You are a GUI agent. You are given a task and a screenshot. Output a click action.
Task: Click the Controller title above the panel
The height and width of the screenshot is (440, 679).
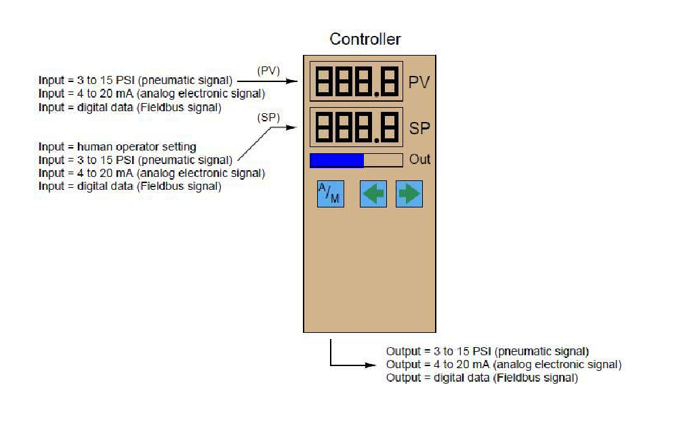click(365, 39)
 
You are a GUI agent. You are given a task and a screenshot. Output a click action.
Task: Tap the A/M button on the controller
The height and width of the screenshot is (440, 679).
click(331, 194)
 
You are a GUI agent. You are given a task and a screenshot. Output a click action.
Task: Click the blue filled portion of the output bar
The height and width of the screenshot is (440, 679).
click(337, 160)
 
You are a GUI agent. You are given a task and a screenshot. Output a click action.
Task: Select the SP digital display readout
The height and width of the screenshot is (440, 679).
click(356, 127)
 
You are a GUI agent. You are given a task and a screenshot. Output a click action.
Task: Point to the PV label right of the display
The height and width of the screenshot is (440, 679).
click(419, 83)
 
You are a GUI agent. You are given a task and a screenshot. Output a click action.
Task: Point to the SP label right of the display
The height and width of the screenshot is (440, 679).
click(419, 128)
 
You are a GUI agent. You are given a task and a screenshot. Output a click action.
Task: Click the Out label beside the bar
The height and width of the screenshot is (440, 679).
click(419, 159)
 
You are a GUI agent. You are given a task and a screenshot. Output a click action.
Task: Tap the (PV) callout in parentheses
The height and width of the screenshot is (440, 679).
click(268, 71)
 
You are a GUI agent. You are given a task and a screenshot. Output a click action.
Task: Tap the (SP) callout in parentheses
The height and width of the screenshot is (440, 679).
click(268, 117)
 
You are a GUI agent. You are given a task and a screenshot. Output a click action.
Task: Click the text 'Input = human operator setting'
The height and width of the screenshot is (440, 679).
click(117, 146)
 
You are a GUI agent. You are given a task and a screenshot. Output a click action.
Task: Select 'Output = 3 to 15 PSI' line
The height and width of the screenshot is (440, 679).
click(487, 351)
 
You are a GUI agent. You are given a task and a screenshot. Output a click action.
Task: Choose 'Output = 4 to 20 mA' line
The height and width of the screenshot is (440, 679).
click(503, 365)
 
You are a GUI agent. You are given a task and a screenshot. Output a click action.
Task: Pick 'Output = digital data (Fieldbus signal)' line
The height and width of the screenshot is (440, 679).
click(482, 378)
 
